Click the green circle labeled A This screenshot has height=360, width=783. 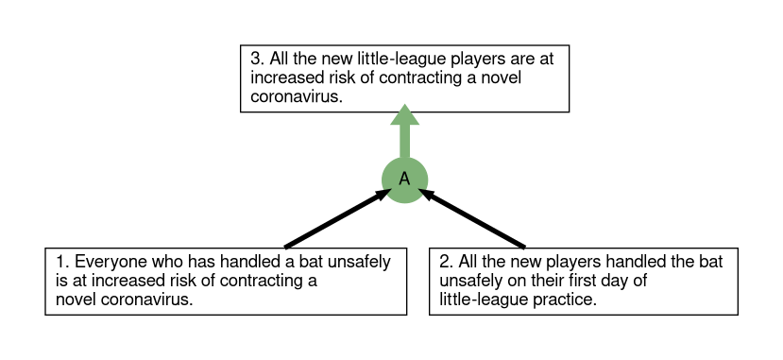click(404, 180)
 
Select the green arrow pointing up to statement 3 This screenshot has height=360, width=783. click(404, 132)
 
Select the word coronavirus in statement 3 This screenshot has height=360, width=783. click(297, 96)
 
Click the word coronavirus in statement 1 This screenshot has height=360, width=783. click(146, 300)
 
